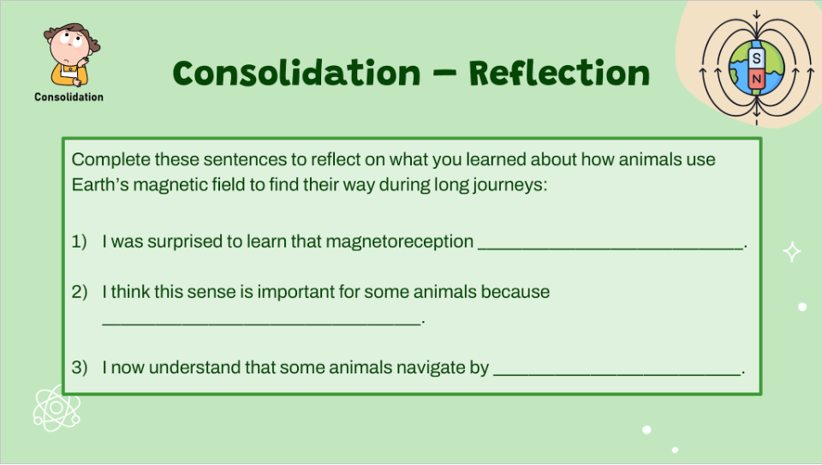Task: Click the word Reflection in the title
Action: point(559,74)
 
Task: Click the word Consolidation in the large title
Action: point(296,74)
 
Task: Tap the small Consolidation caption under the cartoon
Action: point(68,98)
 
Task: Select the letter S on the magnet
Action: point(756,59)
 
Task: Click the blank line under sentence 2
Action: point(261,320)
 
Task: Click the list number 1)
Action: point(80,241)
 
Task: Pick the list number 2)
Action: point(80,291)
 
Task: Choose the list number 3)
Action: point(80,368)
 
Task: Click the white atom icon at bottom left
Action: point(57,408)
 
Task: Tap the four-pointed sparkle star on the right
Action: point(793,252)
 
